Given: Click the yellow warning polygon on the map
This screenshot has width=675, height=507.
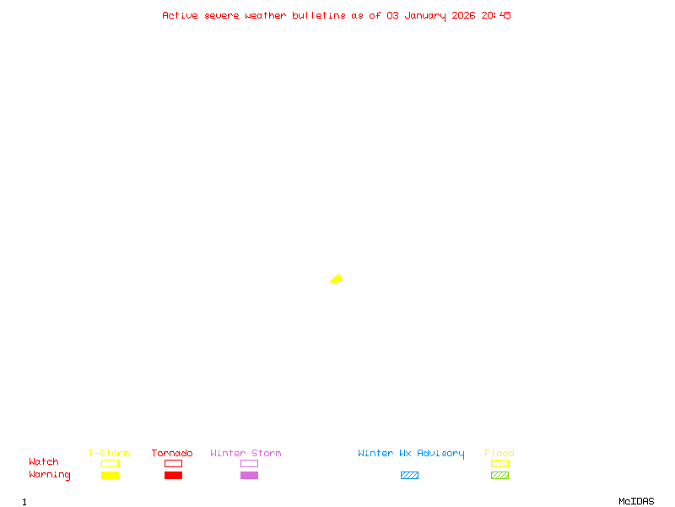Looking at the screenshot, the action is point(337,279).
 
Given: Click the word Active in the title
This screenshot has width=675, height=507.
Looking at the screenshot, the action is point(180,15).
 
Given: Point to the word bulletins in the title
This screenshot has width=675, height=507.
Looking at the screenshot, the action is point(319,15).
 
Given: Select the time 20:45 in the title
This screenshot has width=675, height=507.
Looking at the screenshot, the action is point(496,15).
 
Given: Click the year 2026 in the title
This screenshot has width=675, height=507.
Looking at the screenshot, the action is point(464,15).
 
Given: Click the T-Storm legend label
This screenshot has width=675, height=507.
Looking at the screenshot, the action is point(109,453).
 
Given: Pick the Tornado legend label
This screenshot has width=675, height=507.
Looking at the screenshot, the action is point(172,453).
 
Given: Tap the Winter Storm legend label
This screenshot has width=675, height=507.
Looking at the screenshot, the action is point(246,453).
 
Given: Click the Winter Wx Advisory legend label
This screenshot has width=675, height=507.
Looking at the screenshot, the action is point(411,453).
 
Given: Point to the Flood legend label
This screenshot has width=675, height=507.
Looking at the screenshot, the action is point(499,453).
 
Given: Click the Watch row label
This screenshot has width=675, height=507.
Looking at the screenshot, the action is point(44,462).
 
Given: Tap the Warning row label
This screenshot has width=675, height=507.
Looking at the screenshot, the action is point(50,475).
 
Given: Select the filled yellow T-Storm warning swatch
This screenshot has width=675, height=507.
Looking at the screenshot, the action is point(110,476).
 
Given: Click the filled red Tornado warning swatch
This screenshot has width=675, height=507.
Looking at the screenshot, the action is point(173,476).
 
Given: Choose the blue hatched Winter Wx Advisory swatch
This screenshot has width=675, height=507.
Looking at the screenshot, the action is point(409,476).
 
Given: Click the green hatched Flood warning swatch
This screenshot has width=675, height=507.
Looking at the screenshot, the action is point(499,476).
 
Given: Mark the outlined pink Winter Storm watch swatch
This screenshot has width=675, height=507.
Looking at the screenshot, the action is point(249,464).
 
